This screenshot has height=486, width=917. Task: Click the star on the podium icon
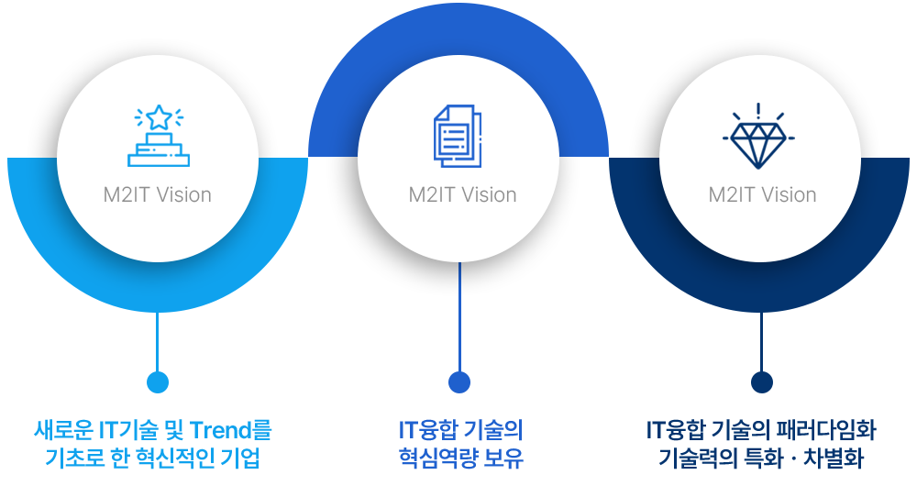[159, 117]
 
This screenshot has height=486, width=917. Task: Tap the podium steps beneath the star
[159, 151]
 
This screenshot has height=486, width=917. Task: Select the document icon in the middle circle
[456, 137]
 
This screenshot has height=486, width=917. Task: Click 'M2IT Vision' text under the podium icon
[158, 194]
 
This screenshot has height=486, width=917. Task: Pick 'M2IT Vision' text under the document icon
[462, 194]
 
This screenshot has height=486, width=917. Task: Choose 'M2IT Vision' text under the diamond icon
[762, 194]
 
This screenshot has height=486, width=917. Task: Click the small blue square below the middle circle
[459, 382]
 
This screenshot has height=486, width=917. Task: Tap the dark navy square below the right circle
[761, 382]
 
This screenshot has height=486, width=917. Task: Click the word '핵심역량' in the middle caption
[433, 456]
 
